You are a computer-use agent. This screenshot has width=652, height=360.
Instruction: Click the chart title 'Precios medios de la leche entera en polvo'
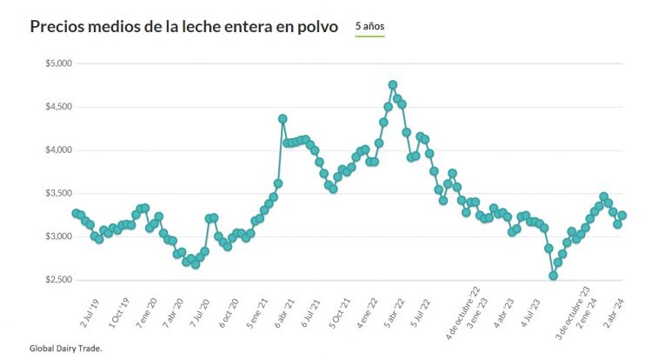[x=183, y=27]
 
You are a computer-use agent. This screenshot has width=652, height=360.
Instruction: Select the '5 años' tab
[x=369, y=27]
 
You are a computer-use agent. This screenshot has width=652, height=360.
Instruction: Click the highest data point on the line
[x=393, y=85]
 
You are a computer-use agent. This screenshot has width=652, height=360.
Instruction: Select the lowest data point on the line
[x=553, y=276]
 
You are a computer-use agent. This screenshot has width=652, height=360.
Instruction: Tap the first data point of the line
[x=76, y=213]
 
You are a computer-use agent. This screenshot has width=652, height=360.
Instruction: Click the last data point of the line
[x=622, y=216]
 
